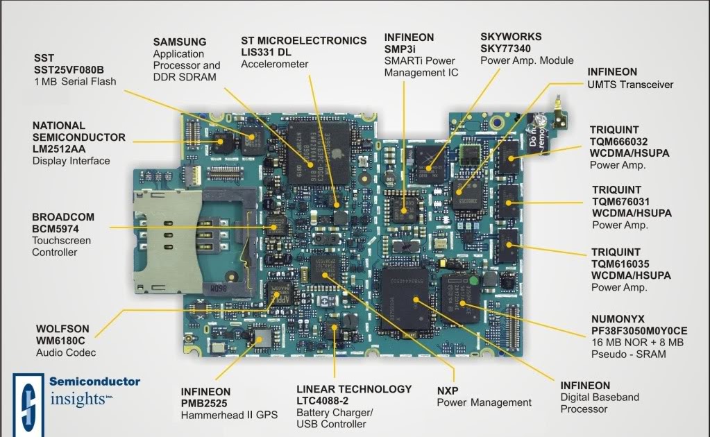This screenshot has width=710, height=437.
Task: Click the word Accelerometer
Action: (x=275, y=65)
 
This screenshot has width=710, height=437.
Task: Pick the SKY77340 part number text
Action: (x=510, y=48)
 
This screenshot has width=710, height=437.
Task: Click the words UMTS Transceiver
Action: (x=630, y=85)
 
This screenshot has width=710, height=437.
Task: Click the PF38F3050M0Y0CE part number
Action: (x=639, y=331)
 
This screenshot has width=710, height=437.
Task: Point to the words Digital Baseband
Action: (x=600, y=397)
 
